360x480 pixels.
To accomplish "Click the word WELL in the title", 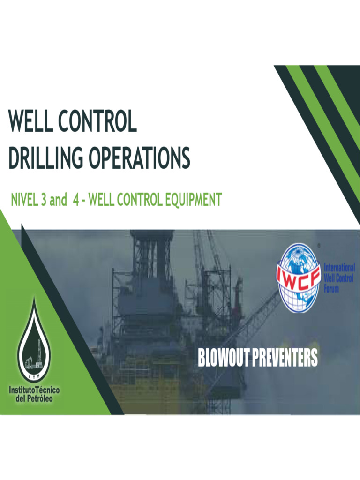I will pyautogui.click(x=31, y=122).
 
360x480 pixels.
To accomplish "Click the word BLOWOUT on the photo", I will pyautogui.click(x=224, y=358).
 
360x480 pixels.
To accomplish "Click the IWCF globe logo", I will pyautogui.click(x=299, y=278).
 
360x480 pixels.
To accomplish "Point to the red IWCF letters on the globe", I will pyautogui.click(x=299, y=273).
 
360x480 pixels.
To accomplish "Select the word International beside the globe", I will pyautogui.click(x=339, y=267).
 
